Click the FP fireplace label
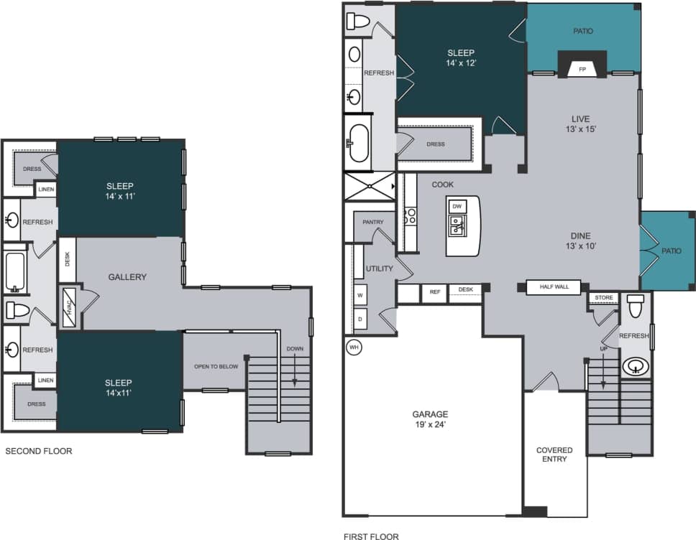(582, 70)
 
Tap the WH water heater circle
(353, 347)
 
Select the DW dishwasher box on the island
(457, 206)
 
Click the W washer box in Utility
(360, 295)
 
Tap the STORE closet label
(603, 297)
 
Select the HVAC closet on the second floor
(69, 309)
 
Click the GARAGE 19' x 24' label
(430, 419)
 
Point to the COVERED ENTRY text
(554, 455)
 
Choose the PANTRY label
(372, 223)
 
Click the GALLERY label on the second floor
(127, 277)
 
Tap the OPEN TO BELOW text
(216, 367)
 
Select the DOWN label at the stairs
(295, 349)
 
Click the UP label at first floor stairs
(603, 349)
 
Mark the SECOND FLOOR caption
(39, 452)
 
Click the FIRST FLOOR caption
(372, 536)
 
